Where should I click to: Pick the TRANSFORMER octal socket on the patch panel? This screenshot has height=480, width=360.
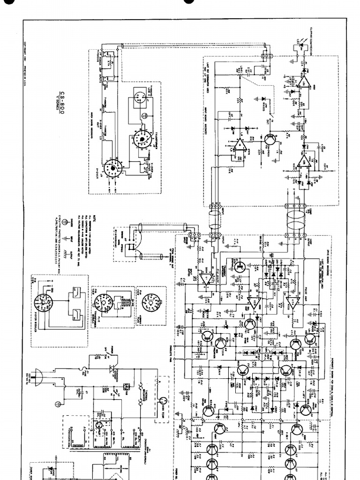[139, 139]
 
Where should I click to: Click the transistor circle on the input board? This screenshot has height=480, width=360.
[269, 141]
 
